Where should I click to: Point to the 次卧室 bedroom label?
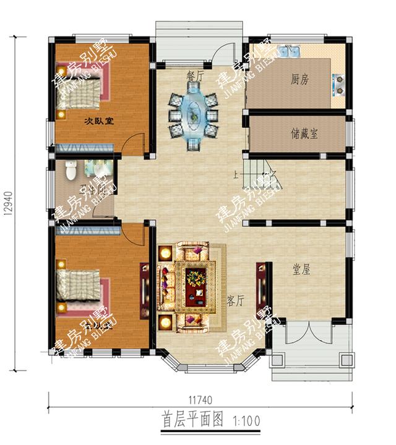99,121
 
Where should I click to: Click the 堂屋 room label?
302,269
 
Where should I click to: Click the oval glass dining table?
194,113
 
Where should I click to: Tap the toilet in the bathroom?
71,168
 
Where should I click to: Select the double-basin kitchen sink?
288,51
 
